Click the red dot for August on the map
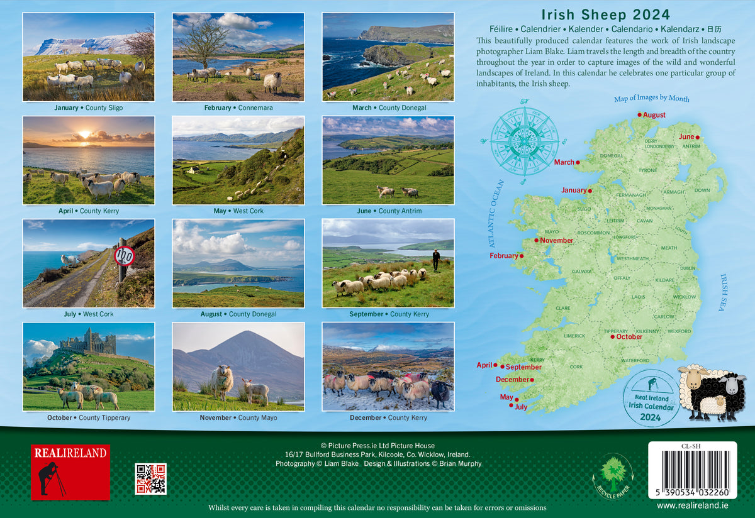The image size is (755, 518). click(x=640, y=114)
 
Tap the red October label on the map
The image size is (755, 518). click(x=629, y=337)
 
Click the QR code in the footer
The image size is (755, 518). click(x=150, y=479)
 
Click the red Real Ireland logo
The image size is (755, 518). click(x=70, y=472)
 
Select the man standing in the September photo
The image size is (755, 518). click(x=436, y=260)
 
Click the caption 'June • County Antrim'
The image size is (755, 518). click(x=389, y=211)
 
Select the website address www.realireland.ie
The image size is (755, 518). click(x=692, y=505)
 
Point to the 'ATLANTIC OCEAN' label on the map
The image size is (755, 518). click(x=496, y=213)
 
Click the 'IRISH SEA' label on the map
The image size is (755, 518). click(x=723, y=294)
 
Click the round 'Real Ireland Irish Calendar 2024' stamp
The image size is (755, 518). click(x=651, y=397)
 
